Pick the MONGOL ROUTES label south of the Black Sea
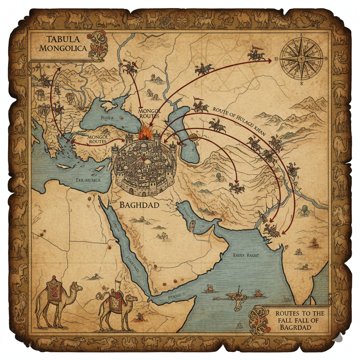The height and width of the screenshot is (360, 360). [149, 114]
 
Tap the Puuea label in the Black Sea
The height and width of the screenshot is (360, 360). [107, 118]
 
